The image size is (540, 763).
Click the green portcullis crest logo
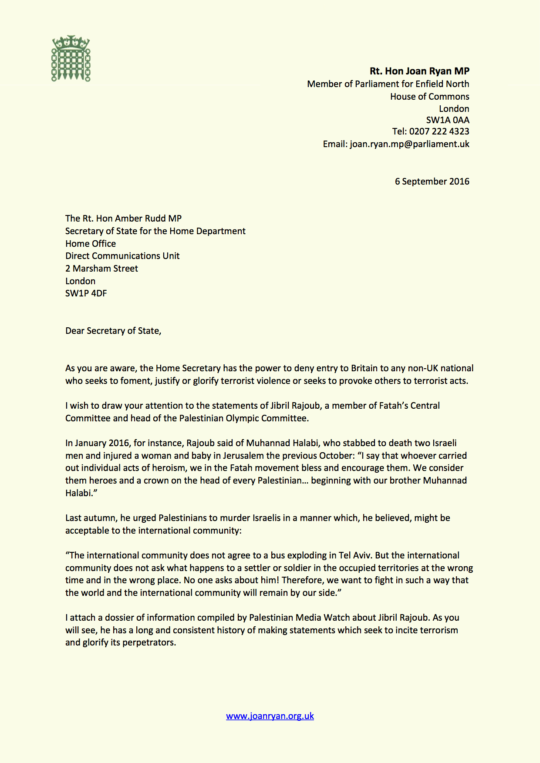(x=71, y=59)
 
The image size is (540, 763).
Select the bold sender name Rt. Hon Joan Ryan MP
(x=419, y=71)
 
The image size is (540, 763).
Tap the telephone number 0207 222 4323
(x=439, y=131)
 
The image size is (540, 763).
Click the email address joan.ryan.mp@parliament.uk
(x=409, y=144)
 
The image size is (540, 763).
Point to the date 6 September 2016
(x=432, y=182)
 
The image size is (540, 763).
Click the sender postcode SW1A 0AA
(x=448, y=120)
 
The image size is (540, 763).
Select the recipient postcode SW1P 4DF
(x=86, y=293)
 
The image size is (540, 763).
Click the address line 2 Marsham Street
(x=101, y=269)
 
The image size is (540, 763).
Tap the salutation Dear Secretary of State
(x=113, y=331)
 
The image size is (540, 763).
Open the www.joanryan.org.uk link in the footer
(x=270, y=716)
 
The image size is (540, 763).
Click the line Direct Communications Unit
(x=122, y=256)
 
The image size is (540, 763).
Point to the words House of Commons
(x=429, y=97)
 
